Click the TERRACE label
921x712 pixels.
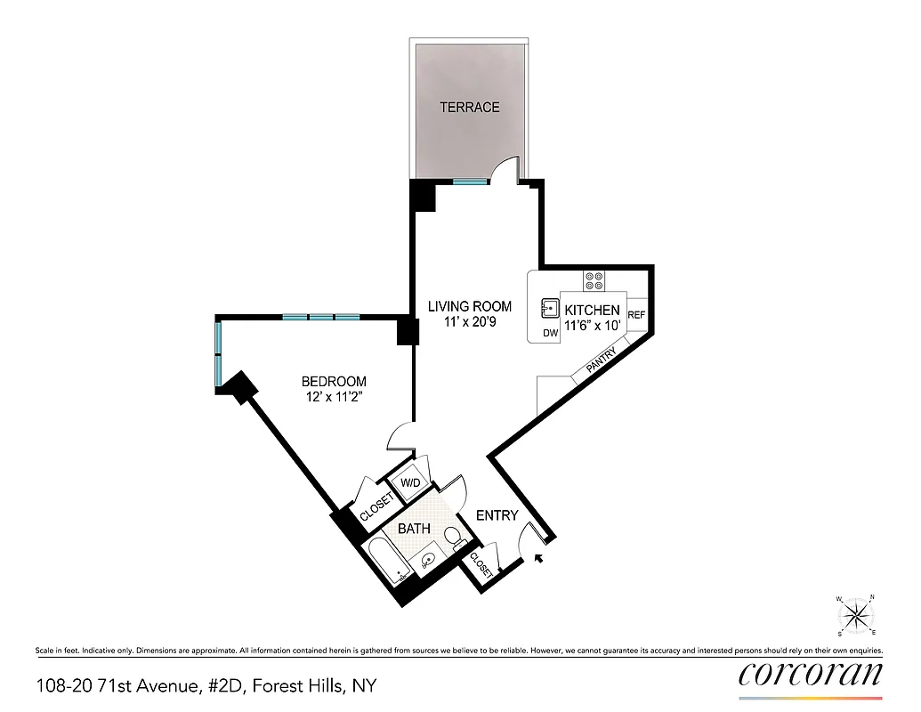pos(469,108)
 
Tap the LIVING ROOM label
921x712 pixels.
pos(469,306)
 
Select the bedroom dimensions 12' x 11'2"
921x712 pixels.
pos(334,397)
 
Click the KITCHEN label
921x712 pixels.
pos(592,310)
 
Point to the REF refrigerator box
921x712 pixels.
pos(636,315)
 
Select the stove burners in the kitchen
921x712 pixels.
pos(594,280)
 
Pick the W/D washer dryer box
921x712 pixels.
pos(410,482)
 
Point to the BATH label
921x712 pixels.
pos(414,529)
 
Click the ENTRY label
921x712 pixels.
pos(497,515)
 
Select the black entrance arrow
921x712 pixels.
pos(537,558)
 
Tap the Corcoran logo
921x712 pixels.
pos(811,673)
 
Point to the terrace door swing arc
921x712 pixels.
pos(506,166)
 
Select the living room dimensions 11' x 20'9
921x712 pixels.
pos(469,322)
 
